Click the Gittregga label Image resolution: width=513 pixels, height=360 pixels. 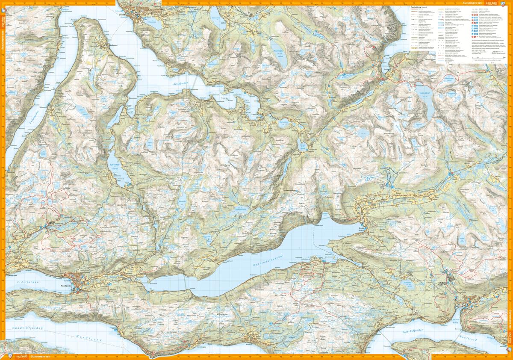click(278, 294)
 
